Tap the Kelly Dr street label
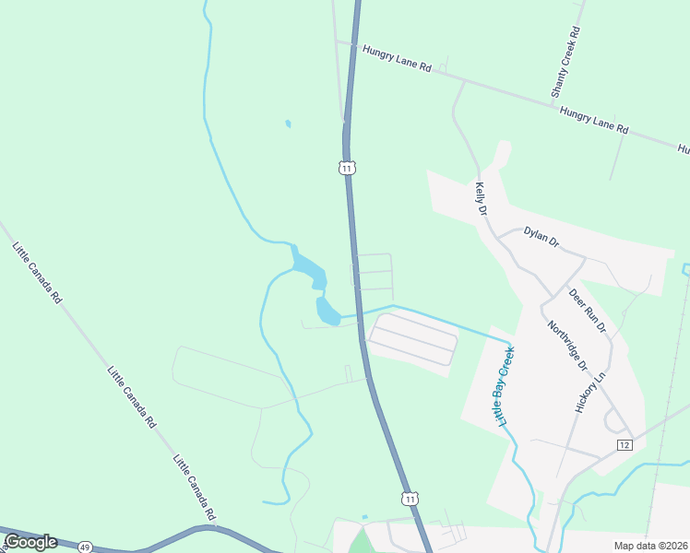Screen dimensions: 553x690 [481, 198]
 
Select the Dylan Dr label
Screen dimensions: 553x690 [541, 237]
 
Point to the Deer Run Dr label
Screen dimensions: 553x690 [588, 311]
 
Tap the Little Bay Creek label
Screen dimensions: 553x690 [506, 385]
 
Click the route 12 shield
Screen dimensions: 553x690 [625, 445]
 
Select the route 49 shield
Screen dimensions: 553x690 [85, 547]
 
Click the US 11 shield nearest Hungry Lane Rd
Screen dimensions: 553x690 [346, 168]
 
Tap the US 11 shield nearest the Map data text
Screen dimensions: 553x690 [410, 498]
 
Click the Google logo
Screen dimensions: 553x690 [30, 542]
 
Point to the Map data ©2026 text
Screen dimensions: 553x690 [651, 546]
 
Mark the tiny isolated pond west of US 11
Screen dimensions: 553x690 [289, 123]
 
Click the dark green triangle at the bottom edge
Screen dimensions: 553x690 [359, 543]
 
